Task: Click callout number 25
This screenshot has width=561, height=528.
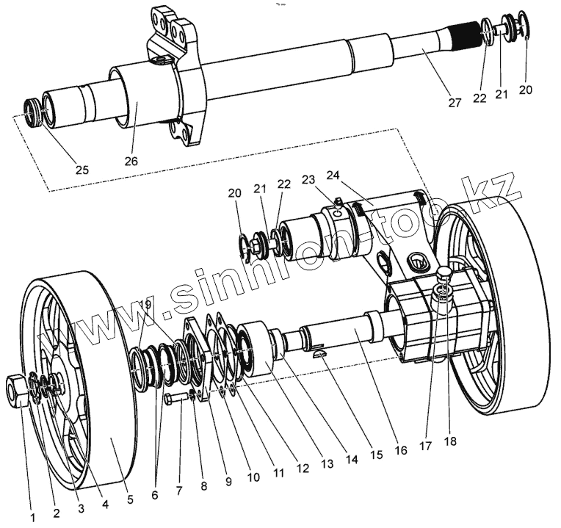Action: coord(82,170)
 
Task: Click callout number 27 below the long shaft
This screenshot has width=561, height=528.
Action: coord(455,103)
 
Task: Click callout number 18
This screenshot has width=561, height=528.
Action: coord(449,442)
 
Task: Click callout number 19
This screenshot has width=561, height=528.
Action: coord(144,305)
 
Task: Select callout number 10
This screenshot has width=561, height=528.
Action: coord(253,477)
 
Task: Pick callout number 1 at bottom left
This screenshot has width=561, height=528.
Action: coord(32,517)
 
